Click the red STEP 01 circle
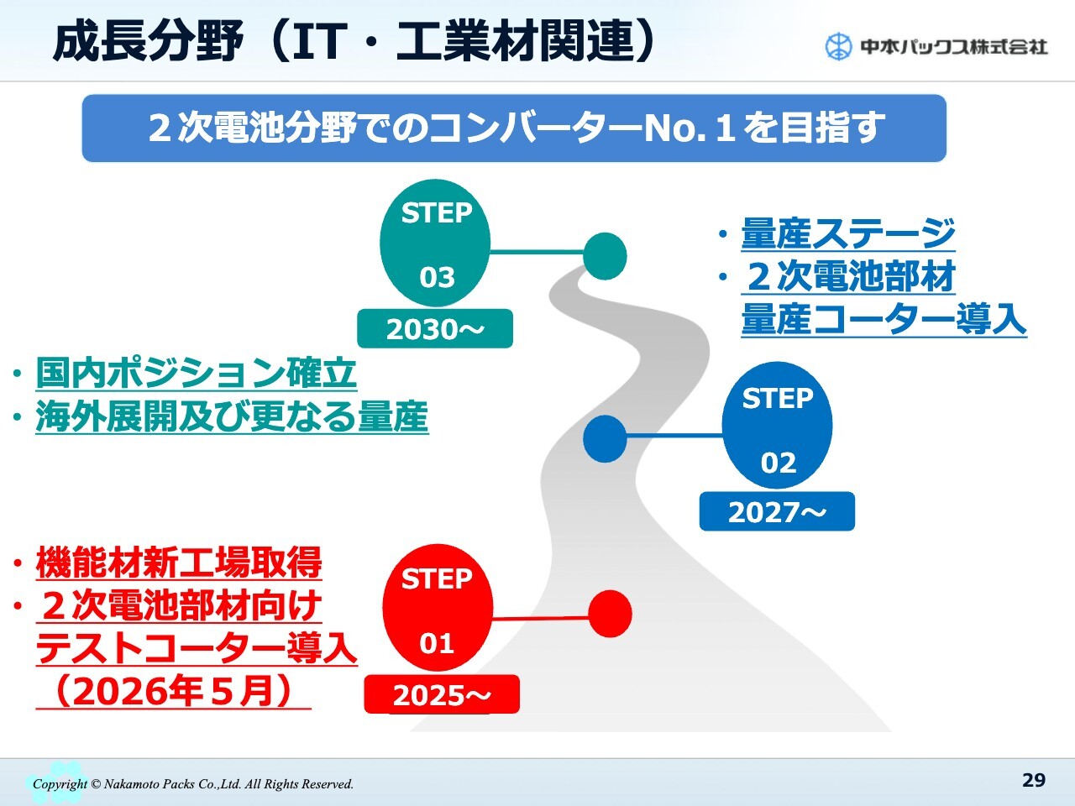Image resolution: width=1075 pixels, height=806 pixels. tap(437, 607)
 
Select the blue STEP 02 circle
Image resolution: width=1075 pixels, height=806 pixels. tap(777, 426)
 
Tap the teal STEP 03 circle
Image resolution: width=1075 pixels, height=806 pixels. tap(435, 243)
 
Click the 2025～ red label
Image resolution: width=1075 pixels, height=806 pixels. tap(442, 694)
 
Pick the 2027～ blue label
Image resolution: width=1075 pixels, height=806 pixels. tap(777, 511)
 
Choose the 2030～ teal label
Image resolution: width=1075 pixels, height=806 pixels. tap(435, 328)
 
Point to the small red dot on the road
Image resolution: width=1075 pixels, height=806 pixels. tap(610, 614)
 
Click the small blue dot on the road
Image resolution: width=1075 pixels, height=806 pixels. tap(605, 438)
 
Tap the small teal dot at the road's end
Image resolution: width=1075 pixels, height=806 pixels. tap(606, 256)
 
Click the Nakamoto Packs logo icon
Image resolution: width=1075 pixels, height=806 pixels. tap(838, 47)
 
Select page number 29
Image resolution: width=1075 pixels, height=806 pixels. tap(1034, 780)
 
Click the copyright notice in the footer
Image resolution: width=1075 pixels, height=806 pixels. tap(193, 784)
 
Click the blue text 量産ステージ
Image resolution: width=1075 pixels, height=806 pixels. tap(847, 233)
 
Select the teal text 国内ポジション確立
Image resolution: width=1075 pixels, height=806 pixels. tap(196, 374)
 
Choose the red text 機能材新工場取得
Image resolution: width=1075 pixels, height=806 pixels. tap(179, 563)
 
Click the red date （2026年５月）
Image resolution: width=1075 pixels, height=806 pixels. tap(173, 691)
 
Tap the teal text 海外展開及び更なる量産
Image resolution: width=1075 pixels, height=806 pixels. tap(232, 416)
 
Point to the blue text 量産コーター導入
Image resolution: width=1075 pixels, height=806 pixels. tap(884, 318)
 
